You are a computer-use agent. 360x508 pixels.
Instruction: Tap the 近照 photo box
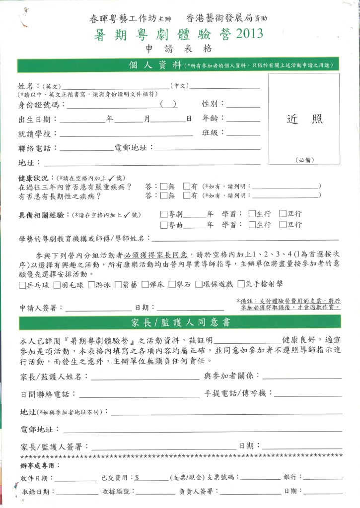[x=304, y=119]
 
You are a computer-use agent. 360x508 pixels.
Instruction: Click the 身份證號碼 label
[x=38, y=104]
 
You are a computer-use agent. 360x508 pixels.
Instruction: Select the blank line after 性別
[x=243, y=105]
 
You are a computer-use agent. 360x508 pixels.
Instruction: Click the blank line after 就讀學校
[x=126, y=134]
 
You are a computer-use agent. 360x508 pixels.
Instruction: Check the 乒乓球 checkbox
[x=22, y=285]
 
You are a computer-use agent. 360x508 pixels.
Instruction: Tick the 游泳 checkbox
[x=91, y=285]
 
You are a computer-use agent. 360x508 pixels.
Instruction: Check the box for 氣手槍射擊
[x=241, y=285]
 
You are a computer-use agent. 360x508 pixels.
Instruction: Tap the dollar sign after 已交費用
[x=137, y=477]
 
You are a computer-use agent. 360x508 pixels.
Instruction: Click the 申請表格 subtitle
[x=179, y=49]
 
